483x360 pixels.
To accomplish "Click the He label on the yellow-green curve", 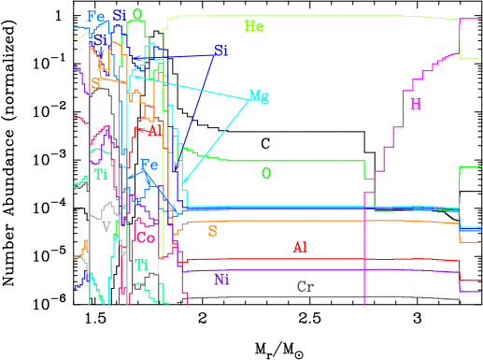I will pyautogui.click(x=253, y=26).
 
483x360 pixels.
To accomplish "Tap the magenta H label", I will pyautogui.click(x=416, y=104).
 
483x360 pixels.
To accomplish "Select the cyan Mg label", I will pyautogui.click(x=259, y=96).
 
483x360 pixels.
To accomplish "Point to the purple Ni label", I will pyautogui.click(x=221, y=279).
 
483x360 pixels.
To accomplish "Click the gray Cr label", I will pyautogui.click(x=305, y=286).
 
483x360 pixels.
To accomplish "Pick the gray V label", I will pyautogui.click(x=107, y=225).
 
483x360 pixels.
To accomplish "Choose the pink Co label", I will pyautogui.click(x=146, y=238).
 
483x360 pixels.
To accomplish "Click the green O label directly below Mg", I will pyautogui.click(x=266, y=173).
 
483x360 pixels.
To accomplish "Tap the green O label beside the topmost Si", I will pyautogui.click(x=137, y=15).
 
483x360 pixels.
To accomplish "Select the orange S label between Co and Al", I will pyautogui.click(x=212, y=231).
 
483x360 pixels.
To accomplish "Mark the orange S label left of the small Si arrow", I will pyautogui.click(x=95, y=84).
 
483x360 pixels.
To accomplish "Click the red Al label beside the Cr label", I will pyautogui.click(x=300, y=247).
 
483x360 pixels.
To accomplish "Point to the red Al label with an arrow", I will pyautogui.click(x=155, y=130).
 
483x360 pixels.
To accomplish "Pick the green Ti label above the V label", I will pyautogui.click(x=101, y=174).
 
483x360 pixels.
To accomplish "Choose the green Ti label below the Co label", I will pyautogui.click(x=141, y=265).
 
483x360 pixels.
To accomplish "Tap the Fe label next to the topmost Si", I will pyautogui.click(x=95, y=16).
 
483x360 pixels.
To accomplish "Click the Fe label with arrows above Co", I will pyautogui.click(x=149, y=166).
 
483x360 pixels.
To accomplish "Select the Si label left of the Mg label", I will pyautogui.click(x=220, y=50).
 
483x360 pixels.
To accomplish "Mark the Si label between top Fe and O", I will pyautogui.click(x=119, y=15).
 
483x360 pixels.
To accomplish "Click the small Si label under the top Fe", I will pyautogui.click(x=98, y=40).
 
